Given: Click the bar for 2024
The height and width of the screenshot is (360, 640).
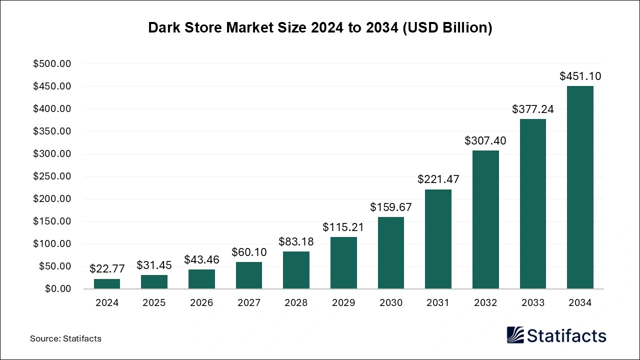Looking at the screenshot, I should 107,283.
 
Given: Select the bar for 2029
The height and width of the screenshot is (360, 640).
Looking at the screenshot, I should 343,262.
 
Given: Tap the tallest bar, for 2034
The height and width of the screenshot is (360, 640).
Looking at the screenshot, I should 580,187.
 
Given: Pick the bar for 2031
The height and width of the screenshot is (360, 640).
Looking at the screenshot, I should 438,239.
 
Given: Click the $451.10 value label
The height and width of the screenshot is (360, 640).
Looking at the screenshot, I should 580,76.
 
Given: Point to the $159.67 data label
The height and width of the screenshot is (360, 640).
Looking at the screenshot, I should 390,206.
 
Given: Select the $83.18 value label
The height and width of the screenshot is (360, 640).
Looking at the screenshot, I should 296,241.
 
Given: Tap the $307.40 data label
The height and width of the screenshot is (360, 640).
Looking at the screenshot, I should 485,140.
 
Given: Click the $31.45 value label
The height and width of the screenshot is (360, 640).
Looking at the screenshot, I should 154,264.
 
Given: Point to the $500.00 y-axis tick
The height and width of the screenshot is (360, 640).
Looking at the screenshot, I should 52,64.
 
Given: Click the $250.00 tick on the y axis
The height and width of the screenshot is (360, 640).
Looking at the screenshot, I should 52,176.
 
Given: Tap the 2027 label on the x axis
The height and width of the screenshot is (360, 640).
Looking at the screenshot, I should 248,303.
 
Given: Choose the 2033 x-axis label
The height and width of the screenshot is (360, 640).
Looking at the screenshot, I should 532,303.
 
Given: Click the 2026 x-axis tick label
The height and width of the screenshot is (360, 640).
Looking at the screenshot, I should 201,303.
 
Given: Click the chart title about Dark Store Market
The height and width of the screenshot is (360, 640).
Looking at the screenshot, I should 320,28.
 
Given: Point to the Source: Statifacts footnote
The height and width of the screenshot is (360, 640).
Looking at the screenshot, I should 65,338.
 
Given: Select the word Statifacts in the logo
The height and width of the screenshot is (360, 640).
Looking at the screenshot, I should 567,335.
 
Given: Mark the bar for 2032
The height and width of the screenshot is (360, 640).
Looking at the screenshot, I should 485,219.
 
